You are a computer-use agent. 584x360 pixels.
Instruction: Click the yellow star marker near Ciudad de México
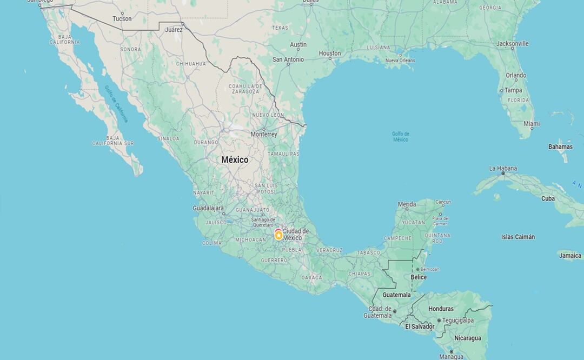(278, 235)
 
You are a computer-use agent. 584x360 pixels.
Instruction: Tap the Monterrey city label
(264, 134)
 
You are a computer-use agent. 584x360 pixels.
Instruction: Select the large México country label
(235, 160)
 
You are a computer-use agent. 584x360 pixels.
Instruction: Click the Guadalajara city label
(208, 208)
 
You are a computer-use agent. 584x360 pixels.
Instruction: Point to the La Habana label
(503, 169)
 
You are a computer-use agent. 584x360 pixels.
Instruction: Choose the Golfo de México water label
(401, 137)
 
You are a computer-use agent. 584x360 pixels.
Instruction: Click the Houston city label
(330, 54)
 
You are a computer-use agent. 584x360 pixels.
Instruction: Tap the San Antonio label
(288, 59)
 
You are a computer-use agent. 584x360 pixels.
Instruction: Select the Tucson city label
(122, 19)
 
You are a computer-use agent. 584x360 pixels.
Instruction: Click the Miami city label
(532, 124)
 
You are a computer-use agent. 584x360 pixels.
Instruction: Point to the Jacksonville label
(513, 43)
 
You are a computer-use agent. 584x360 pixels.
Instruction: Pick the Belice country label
(419, 277)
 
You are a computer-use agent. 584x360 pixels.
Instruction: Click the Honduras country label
(441, 309)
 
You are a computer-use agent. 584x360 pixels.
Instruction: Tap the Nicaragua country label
(467, 338)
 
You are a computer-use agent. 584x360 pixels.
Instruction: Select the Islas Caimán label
(517, 237)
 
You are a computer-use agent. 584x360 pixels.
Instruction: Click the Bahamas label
(560, 146)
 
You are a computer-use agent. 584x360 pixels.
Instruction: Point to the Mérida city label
(407, 204)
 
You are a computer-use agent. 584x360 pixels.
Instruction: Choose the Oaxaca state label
(311, 277)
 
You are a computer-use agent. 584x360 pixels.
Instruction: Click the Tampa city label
(513, 90)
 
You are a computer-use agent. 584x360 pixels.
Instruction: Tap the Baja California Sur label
(113, 141)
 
